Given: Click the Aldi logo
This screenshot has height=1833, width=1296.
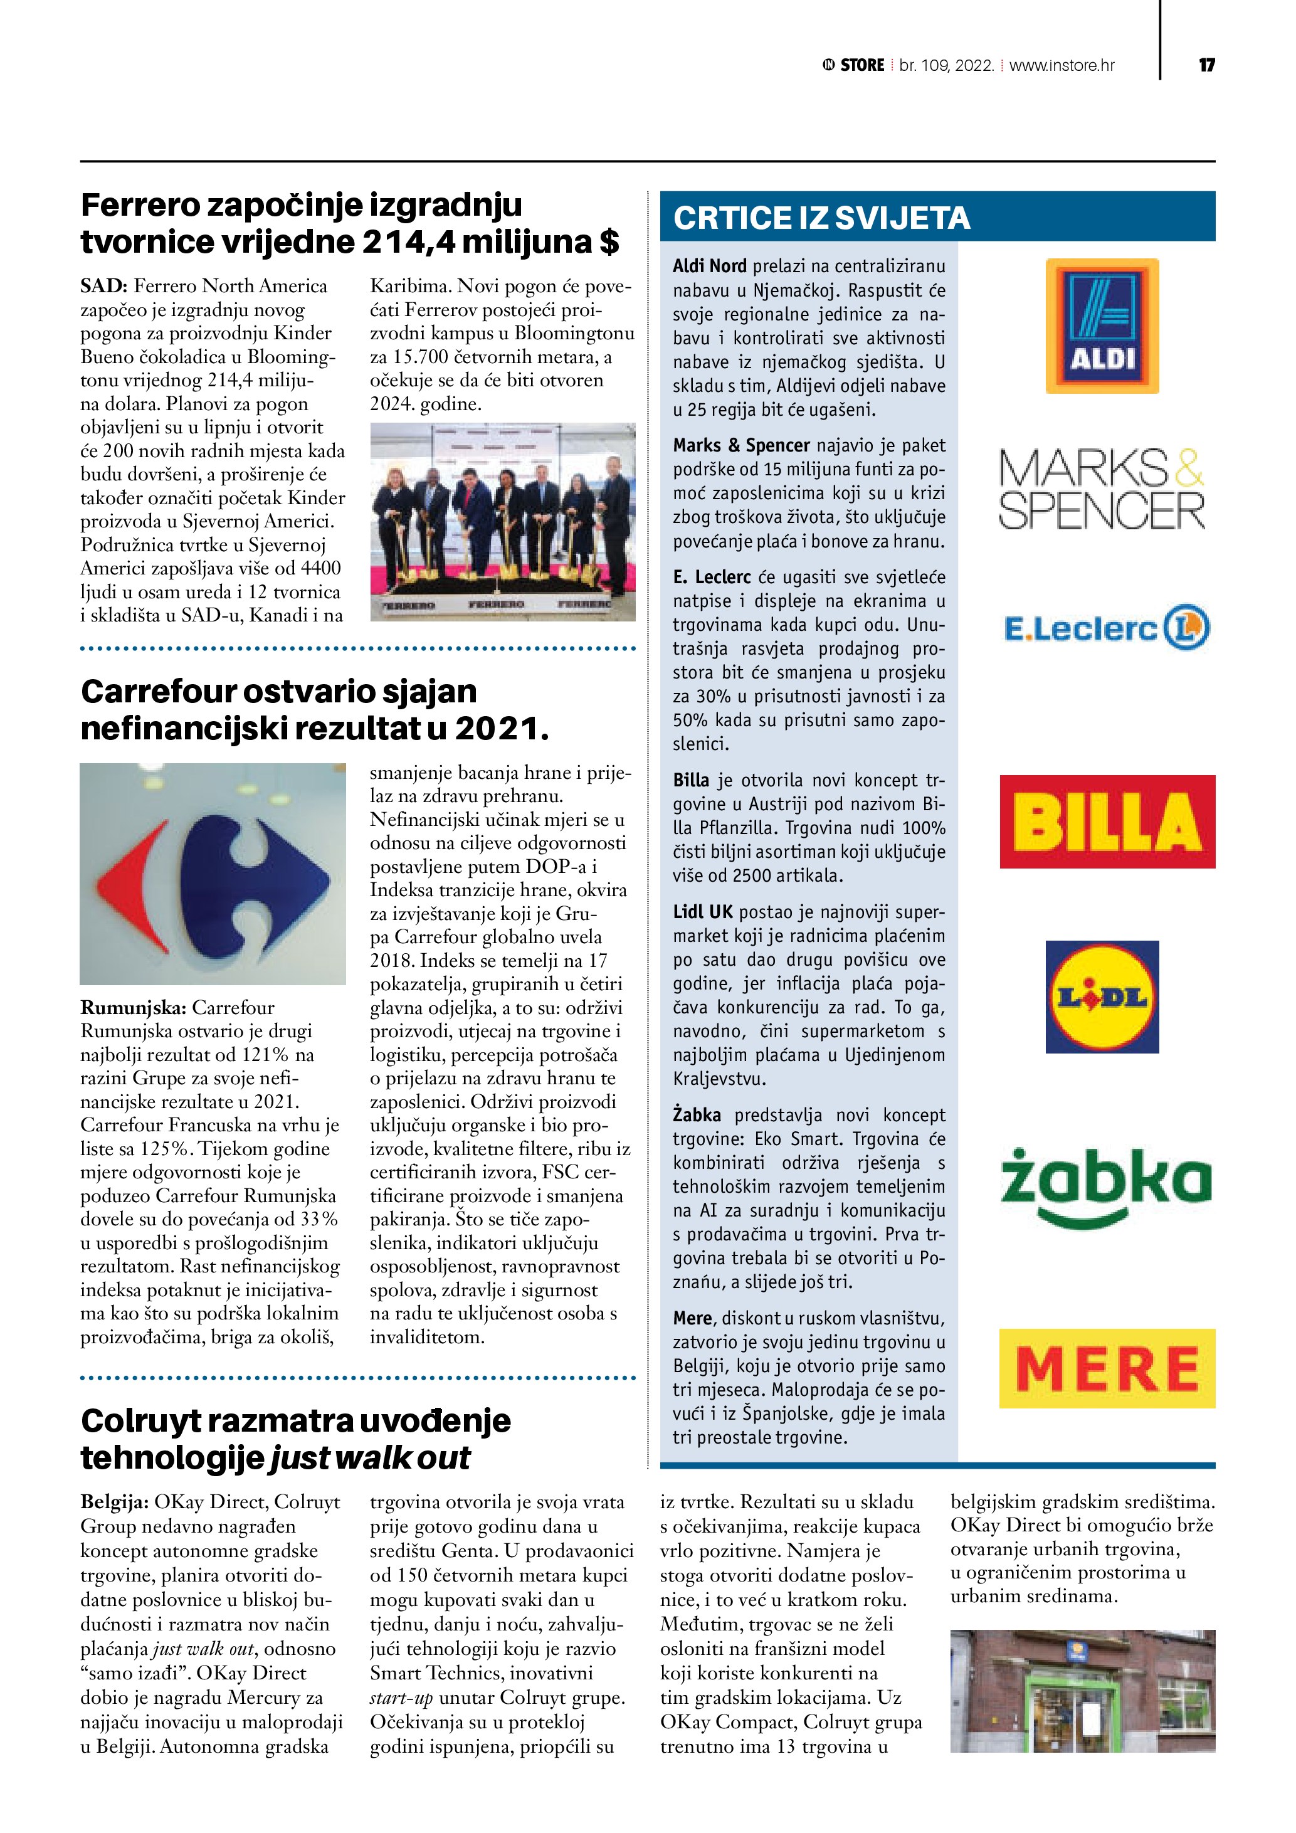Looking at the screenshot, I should [x=1102, y=325].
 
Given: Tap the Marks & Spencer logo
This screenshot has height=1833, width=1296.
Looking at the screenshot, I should [x=1102, y=488].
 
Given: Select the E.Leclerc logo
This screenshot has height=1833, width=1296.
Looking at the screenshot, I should [x=1106, y=628].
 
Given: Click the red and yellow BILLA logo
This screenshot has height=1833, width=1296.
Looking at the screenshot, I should [x=1107, y=821].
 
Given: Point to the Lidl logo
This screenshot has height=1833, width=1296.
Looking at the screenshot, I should [x=1102, y=996].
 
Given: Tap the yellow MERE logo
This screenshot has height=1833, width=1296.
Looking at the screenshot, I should [x=1107, y=1368].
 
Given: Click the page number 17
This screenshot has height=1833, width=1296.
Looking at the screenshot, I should [x=1206, y=65].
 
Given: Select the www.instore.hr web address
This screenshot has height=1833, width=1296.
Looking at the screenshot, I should [x=1062, y=65].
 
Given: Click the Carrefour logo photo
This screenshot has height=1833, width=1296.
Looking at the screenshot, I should [x=213, y=874].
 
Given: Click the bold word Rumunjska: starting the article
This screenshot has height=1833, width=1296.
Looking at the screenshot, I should [x=132, y=1008].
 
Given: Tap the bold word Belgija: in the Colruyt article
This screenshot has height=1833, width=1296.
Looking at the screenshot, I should [x=114, y=1502].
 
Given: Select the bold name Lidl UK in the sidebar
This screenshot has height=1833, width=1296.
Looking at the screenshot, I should [x=702, y=912].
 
